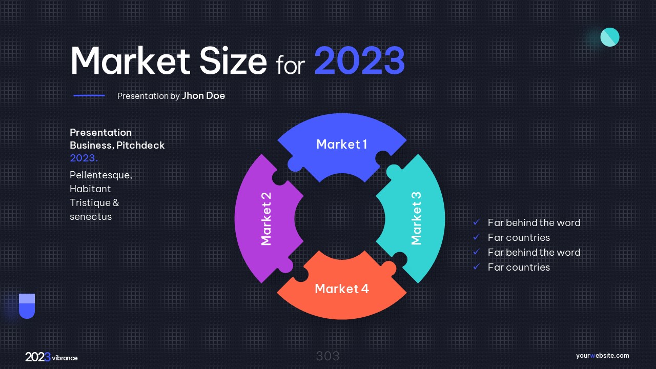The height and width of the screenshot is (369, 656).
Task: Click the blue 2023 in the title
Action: tap(360, 60)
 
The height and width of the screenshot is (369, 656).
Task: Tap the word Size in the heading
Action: tap(233, 60)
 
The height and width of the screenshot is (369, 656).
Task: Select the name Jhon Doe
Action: tap(203, 96)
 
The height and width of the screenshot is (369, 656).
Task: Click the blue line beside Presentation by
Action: tap(89, 95)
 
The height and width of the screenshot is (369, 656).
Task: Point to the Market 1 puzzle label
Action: tap(342, 145)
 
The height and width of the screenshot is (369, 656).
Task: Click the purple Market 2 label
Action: tap(266, 219)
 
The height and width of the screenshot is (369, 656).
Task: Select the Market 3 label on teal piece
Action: tap(416, 218)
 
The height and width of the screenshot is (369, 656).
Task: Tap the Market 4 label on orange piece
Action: tap(342, 289)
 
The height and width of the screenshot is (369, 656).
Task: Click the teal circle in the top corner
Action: tap(610, 37)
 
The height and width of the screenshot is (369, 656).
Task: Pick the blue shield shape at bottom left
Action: tap(27, 306)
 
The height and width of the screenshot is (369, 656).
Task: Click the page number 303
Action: tap(327, 356)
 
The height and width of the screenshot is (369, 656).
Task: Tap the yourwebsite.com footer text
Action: tap(602, 356)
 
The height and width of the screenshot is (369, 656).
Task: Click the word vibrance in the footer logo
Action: tap(65, 358)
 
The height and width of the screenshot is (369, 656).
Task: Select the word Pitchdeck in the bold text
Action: tap(140, 145)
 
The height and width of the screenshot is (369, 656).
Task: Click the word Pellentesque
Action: tap(101, 175)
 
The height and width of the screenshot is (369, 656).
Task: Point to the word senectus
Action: tap(91, 217)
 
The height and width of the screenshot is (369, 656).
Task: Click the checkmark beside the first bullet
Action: tap(477, 222)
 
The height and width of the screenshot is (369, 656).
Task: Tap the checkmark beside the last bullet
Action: tap(477, 267)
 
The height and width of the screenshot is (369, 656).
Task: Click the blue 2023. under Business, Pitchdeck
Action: tap(84, 158)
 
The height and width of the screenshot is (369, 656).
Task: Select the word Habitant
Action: tap(90, 189)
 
